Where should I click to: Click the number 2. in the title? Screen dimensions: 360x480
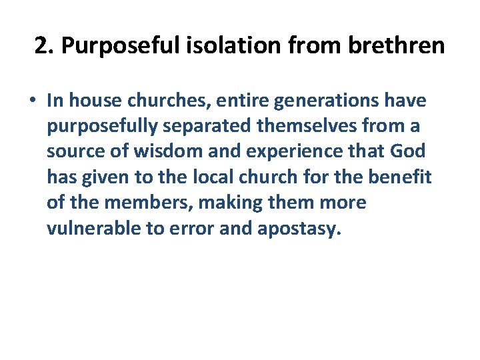(43, 46)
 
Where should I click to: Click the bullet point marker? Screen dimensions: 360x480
(32, 101)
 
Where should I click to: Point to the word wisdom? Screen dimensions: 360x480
(158, 152)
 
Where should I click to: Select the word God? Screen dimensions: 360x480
(407, 152)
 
